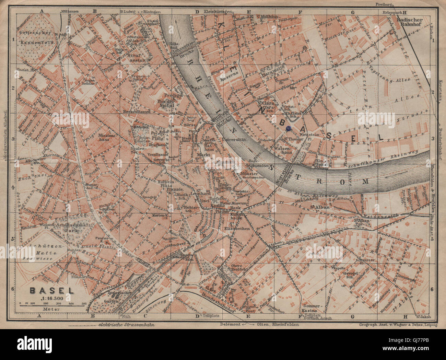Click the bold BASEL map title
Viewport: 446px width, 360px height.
click(x=52, y=290)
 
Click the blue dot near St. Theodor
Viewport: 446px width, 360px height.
click(x=289, y=128)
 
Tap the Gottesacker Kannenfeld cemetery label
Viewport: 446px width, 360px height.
click(x=35, y=38)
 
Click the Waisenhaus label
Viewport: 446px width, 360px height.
click(x=283, y=151)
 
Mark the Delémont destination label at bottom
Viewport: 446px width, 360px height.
click(x=231, y=324)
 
